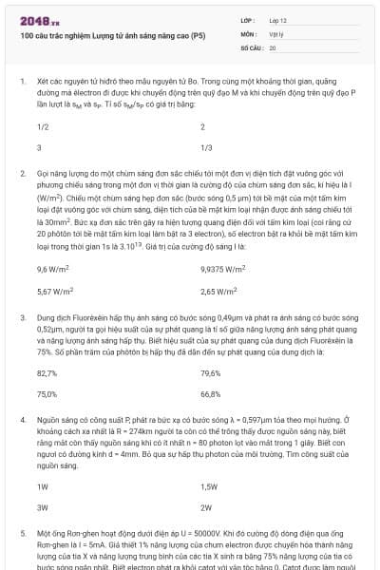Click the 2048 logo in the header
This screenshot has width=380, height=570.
39,19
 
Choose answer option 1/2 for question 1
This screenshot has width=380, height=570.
43,126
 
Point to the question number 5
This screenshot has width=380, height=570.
22,533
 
